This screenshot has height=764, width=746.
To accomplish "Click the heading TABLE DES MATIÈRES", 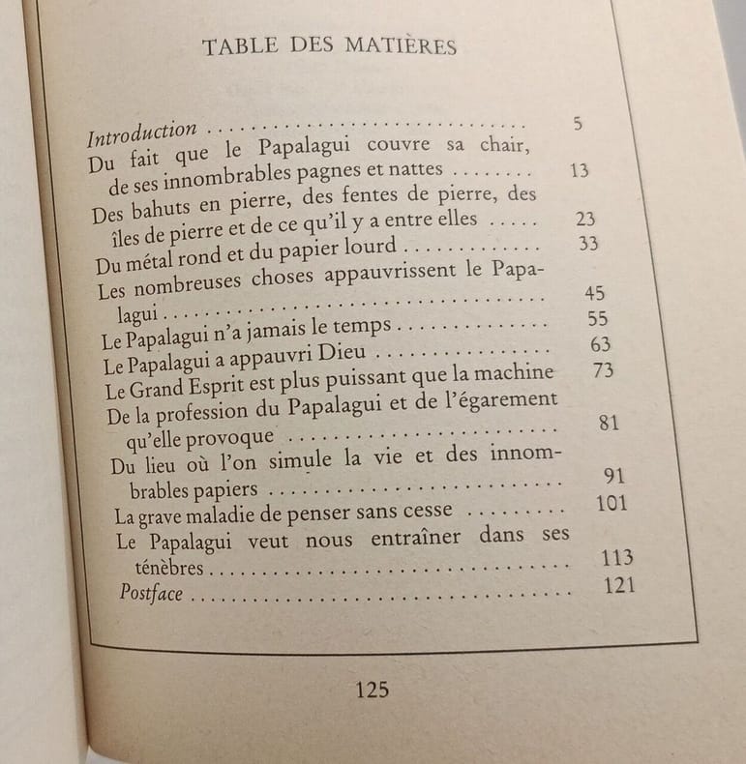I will (x=329, y=46).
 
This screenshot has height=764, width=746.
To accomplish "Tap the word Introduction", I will (x=142, y=132).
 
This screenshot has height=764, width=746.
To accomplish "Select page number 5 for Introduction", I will (x=578, y=123).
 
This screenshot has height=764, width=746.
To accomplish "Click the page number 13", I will (x=580, y=170).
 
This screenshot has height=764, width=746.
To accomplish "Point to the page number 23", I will (x=585, y=219).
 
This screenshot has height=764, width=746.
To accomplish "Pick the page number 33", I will (x=587, y=244).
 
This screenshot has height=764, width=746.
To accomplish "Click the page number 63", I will (x=600, y=345).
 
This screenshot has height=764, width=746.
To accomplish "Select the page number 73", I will (x=603, y=371).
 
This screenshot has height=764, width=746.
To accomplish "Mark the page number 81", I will (x=610, y=423).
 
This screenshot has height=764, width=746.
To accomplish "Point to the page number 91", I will (x=613, y=476).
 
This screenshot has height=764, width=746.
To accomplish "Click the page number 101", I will (x=612, y=503).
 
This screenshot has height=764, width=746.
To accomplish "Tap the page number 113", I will (x=616, y=558).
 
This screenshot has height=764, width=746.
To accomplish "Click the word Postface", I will (x=151, y=594).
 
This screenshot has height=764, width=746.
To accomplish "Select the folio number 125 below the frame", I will (x=373, y=690).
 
